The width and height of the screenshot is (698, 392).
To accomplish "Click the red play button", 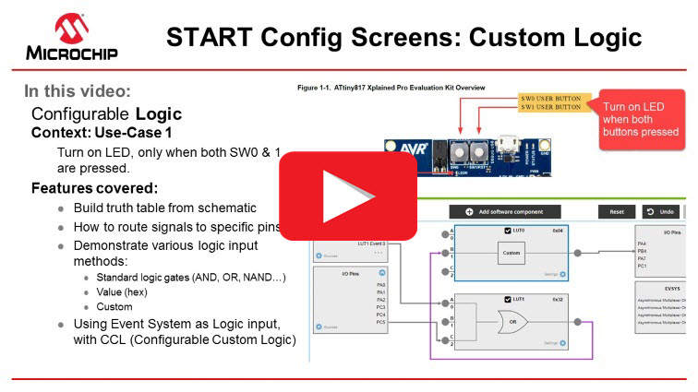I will tap(349, 196).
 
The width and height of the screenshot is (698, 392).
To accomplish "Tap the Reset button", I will tap(616, 211).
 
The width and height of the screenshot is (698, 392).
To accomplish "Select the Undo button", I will tap(662, 211).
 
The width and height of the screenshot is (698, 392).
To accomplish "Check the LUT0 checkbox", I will tap(508, 229).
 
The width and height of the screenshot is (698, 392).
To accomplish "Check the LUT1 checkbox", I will tap(508, 300).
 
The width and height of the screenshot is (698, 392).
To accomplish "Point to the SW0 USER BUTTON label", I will tap(550, 97).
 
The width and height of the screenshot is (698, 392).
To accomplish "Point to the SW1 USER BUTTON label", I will tap(550, 107).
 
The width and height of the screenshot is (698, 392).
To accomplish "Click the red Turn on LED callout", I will tap(641, 119).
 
